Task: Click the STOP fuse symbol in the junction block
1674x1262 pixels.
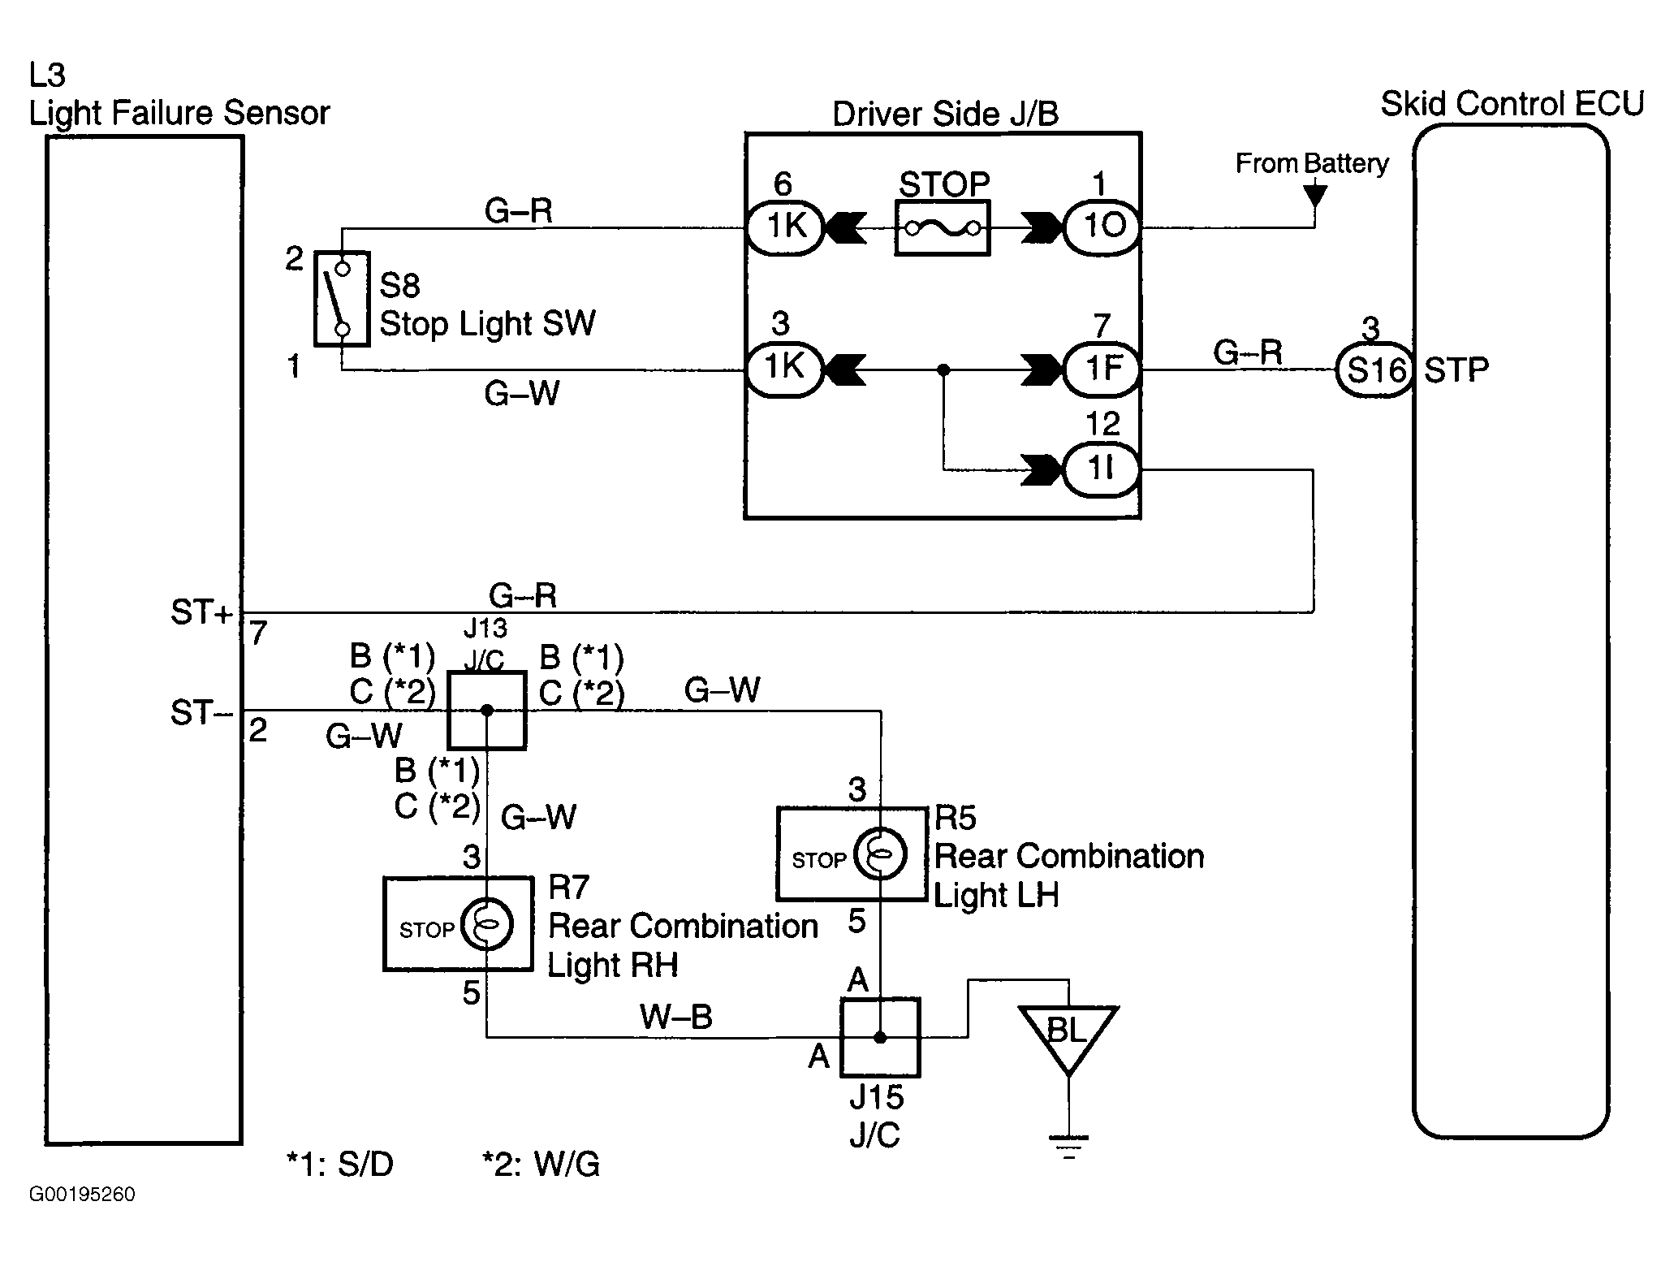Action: [942, 229]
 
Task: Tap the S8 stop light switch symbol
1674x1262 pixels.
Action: [342, 298]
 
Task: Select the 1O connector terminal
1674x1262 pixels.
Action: [1101, 227]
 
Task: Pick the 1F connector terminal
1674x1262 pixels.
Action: [1101, 370]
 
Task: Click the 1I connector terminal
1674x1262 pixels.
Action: [1101, 469]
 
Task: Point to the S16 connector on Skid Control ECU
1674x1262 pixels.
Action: [1374, 370]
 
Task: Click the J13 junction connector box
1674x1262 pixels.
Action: [487, 711]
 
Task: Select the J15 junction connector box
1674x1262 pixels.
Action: [879, 1037]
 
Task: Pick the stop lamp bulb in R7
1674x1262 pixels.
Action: [486, 924]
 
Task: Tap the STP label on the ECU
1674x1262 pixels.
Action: [1456, 370]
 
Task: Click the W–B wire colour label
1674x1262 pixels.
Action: [676, 1017]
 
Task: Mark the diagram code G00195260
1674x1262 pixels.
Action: [83, 1195]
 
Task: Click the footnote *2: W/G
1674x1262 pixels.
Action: [541, 1165]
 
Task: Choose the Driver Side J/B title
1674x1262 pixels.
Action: [945, 115]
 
